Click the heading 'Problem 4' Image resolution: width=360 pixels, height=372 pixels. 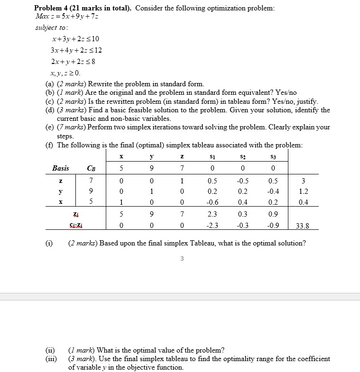click(x=52, y=9)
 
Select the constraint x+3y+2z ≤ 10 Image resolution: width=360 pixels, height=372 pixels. click(x=76, y=38)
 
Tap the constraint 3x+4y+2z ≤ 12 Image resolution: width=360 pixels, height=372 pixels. click(x=76, y=50)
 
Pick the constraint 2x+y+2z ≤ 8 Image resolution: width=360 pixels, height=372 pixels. click(x=76, y=62)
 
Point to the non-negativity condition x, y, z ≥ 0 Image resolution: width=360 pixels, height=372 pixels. click(x=65, y=73)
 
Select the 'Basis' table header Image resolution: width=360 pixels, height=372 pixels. click(x=60, y=168)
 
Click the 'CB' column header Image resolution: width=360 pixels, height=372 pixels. click(x=91, y=168)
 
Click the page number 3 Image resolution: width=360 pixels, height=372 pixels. click(x=182, y=258)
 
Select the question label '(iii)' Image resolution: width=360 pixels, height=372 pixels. click(x=50, y=359)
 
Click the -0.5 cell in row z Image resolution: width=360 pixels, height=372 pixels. click(x=242, y=181)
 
